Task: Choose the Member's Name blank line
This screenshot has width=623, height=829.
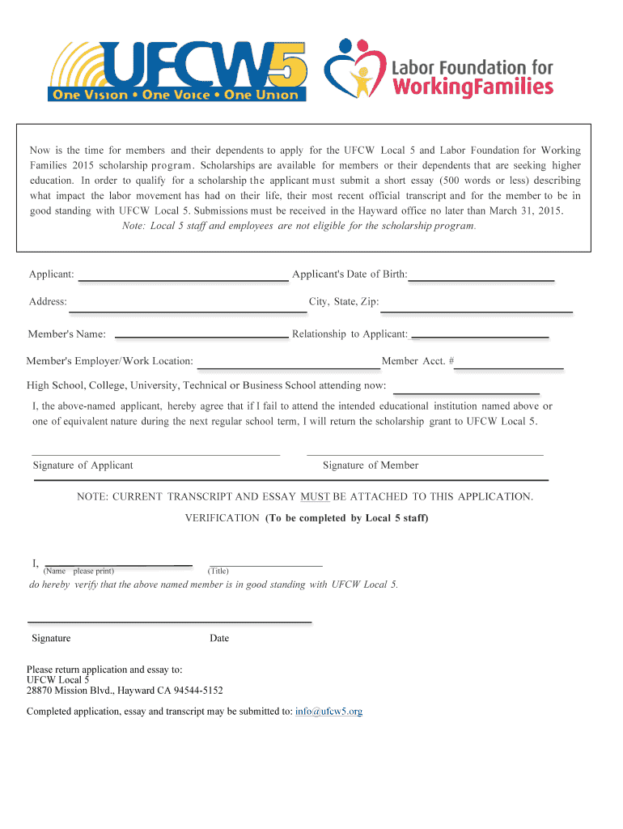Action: [x=202, y=334]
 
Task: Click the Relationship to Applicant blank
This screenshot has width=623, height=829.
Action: [x=480, y=334]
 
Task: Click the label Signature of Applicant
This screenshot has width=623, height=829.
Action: [x=83, y=466]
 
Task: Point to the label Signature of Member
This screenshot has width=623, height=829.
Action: [x=371, y=466]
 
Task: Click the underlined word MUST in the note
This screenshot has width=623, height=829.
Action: [x=315, y=496]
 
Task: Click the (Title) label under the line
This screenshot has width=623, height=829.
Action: [x=218, y=571]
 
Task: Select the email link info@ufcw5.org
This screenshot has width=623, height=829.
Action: [x=328, y=712]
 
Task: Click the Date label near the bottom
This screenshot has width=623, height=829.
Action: [x=219, y=638]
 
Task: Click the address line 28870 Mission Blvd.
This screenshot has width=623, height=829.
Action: [x=125, y=691]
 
